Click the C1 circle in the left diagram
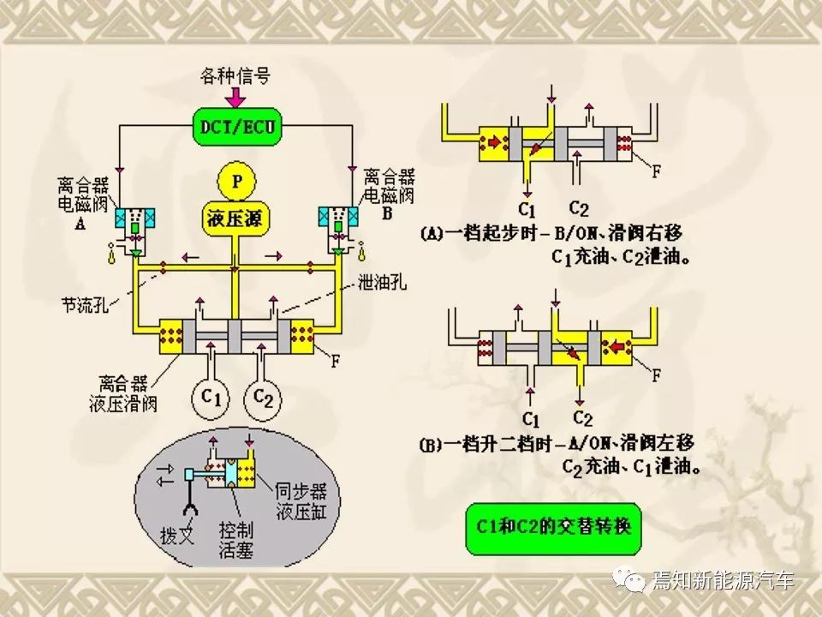tap(211, 398)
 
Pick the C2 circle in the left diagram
tap(264, 398)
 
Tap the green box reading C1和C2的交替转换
tap(552, 524)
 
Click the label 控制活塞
tap(236, 539)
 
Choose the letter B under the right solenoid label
tap(387, 215)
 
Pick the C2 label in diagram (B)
tap(582, 419)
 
